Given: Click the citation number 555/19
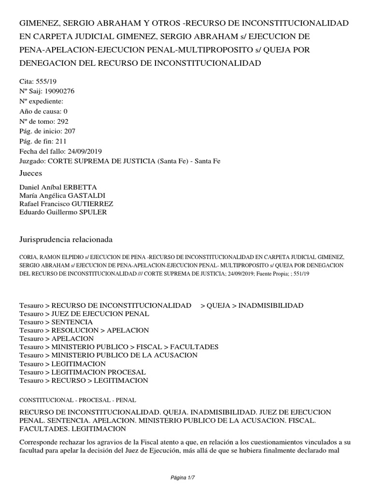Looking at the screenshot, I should point(53,82).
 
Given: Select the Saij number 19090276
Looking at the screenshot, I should point(59,91).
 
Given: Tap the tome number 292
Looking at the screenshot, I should point(64,121).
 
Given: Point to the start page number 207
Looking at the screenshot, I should point(66,131).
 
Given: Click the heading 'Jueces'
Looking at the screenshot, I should point(31,173).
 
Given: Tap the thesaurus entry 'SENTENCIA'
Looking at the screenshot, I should point(72,322).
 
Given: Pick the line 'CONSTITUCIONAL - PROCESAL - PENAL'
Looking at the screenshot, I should point(78,400).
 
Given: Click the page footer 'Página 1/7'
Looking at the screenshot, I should point(185,478).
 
